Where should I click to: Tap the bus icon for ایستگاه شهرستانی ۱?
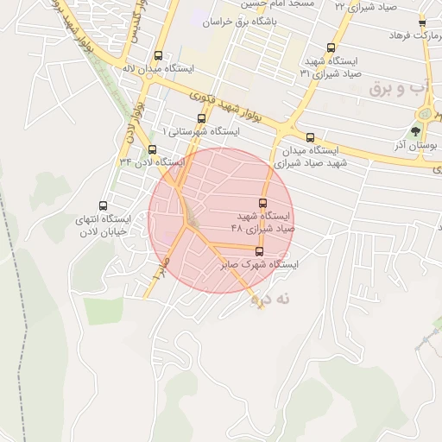click(x=202, y=118)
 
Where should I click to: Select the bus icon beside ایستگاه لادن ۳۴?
click(x=152, y=149)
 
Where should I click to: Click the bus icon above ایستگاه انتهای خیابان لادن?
click(x=103, y=205)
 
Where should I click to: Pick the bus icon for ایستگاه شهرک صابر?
click(x=259, y=252)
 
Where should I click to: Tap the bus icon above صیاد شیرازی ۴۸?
click(x=262, y=204)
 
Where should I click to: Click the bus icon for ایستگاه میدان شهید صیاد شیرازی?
click(x=310, y=137)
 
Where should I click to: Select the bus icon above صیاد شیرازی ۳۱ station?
click(x=331, y=48)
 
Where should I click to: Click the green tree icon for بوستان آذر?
click(x=416, y=132)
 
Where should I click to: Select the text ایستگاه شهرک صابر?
click(x=259, y=265)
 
